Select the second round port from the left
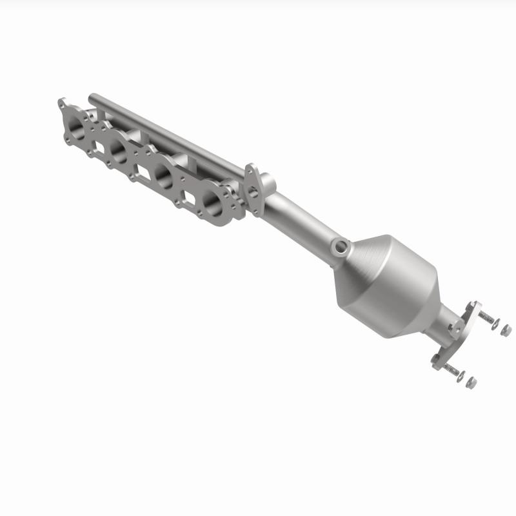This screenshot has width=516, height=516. [x=118, y=150]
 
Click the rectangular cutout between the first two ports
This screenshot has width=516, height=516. [x=98, y=139]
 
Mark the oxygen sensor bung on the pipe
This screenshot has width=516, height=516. [x=340, y=246]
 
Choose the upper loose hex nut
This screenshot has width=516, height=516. [x=506, y=330]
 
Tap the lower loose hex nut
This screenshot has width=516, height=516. [x=471, y=383]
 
